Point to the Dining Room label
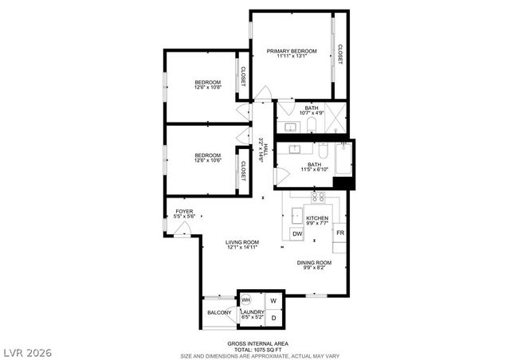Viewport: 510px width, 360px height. pos(314,263)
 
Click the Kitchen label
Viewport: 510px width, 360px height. pos(317,217)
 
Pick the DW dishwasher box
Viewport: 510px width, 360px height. pos(296,233)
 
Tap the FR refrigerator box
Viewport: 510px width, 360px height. pos(339,233)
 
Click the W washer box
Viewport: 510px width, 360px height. pos(273,300)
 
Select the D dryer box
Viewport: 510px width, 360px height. pos(273,318)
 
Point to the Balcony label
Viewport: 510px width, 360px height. pos(219,313)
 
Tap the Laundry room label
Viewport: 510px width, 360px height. pos(253,312)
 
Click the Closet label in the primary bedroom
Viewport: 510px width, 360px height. pos(340,53)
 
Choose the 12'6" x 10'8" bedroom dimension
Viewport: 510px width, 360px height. pos(207,88)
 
